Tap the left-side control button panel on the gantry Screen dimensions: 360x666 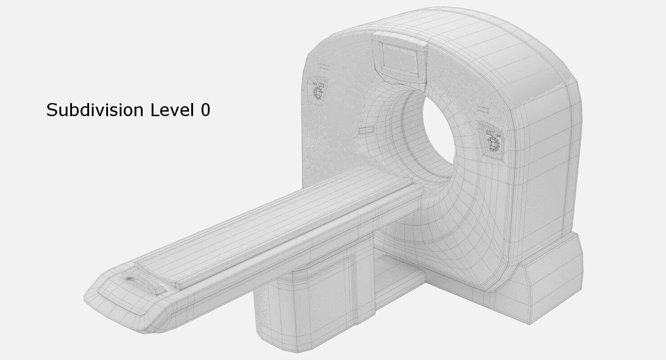tap(318, 90)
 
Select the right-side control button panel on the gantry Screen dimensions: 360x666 tap(494, 140)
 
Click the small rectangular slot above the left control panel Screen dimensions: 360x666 tap(324, 67)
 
